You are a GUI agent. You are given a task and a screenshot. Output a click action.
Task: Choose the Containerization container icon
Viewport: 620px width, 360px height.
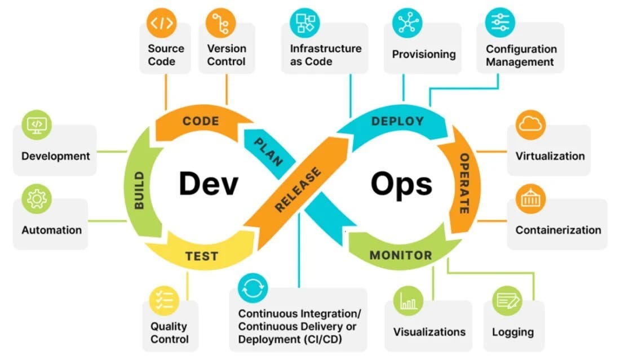530,198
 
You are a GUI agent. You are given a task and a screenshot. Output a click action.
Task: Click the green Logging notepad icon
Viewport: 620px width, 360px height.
507,301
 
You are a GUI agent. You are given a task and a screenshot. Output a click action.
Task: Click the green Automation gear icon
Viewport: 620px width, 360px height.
37,199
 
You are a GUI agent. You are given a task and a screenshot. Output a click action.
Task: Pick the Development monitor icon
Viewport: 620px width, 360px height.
37,125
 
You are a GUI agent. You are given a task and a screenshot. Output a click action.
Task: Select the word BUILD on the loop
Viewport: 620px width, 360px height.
139,190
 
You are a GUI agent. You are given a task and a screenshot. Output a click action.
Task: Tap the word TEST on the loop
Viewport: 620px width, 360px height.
201,257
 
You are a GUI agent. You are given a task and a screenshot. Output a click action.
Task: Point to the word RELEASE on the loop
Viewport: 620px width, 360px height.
298,189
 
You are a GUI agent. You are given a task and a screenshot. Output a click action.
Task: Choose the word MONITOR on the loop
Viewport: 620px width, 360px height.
401,255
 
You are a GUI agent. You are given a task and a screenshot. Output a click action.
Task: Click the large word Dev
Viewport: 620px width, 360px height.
209,184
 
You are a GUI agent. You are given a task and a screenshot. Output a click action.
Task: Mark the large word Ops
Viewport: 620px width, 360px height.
401,184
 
